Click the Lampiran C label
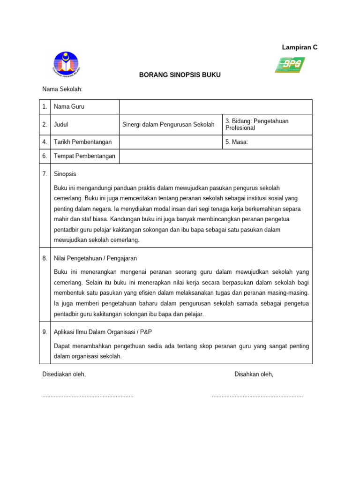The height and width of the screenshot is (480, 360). pyautogui.click(x=300, y=47)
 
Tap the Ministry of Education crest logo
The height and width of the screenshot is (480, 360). pyautogui.click(x=66, y=64)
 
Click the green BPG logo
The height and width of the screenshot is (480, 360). pyautogui.click(x=290, y=65)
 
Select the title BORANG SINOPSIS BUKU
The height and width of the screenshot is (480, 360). pyautogui.click(x=180, y=75)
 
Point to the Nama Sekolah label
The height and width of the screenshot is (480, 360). pyautogui.click(x=62, y=89)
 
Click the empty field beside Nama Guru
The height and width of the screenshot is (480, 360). pyautogui.click(x=216, y=107)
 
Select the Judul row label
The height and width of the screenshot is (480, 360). pyautogui.click(x=61, y=125)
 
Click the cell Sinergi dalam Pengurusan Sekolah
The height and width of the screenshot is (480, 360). pyautogui.click(x=168, y=125)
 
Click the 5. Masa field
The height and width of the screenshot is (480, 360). pyautogui.click(x=266, y=142)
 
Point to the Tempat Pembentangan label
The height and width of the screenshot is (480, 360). pyautogui.click(x=84, y=156)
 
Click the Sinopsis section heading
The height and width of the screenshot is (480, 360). pyautogui.click(x=65, y=174)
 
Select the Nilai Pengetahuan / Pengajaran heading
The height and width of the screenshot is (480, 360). pyautogui.click(x=96, y=258)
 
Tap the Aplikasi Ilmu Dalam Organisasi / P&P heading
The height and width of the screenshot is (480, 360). pyautogui.click(x=103, y=332)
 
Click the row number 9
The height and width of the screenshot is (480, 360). pyautogui.click(x=45, y=332)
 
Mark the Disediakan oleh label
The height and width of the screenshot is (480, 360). pyautogui.click(x=64, y=374)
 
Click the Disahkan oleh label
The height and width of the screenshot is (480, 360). pyautogui.click(x=254, y=374)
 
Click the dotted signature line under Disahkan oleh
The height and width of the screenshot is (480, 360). pyautogui.click(x=257, y=397)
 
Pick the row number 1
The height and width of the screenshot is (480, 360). pyautogui.click(x=45, y=107)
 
